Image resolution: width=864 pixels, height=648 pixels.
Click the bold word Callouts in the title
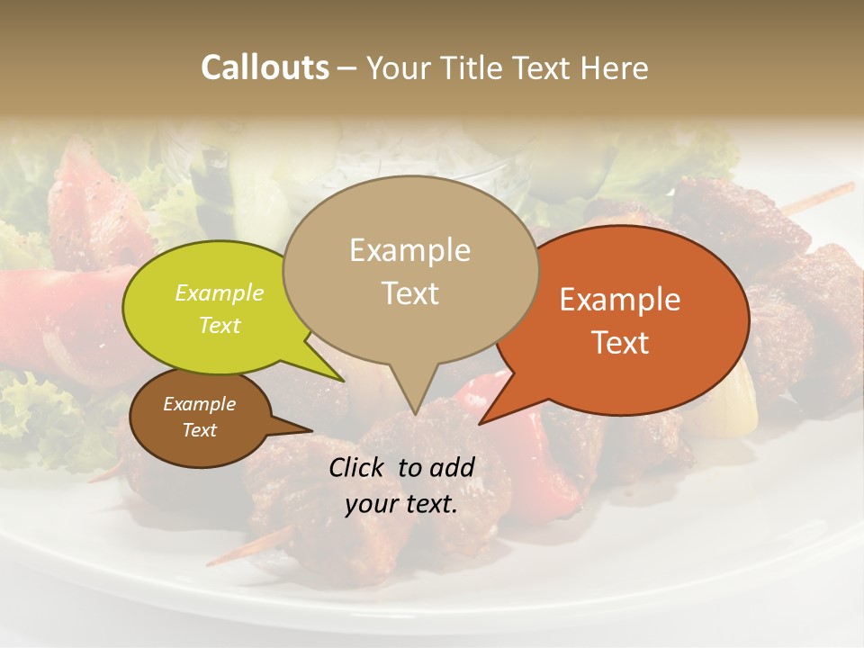point(265,67)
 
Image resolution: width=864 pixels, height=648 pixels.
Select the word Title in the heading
point(474,67)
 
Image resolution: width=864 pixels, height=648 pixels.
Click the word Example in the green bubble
point(220,293)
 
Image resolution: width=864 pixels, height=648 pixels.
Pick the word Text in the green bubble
point(220,326)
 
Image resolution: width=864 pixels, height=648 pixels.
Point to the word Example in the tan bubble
point(409,250)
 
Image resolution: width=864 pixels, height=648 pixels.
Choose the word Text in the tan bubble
point(409,293)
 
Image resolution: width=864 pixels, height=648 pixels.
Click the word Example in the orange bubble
point(620,300)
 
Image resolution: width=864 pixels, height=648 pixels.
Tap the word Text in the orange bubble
point(620,343)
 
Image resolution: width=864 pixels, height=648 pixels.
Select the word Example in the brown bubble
point(199,404)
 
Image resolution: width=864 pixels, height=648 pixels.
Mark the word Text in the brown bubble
point(199,430)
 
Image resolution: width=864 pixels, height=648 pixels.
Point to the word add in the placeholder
point(451,467)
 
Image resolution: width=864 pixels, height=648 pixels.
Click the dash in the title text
point(347,68)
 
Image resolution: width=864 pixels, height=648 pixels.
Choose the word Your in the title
point(400,67)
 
